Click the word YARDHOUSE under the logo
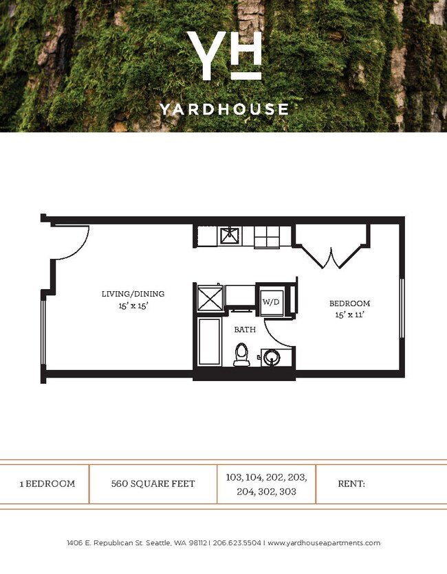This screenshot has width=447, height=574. click(223, 109)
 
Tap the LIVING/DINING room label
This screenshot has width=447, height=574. click(133, 294)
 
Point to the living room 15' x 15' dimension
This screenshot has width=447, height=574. click(133, 306)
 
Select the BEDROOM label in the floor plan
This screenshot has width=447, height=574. click(349, 303)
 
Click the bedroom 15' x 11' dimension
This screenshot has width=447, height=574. click(349, 315)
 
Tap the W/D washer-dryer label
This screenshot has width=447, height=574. click(269, 302)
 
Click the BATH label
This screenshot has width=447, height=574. click(245, 330)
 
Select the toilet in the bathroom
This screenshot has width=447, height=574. click(241, 354)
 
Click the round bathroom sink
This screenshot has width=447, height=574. click(271, 358)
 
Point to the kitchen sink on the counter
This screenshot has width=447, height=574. click(229, 236)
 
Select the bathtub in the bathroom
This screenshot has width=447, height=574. click(210, 343)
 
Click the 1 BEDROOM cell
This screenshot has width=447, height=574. click(47, 483)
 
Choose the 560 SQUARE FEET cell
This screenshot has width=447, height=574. click(153, 483)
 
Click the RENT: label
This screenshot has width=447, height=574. click(351, 483)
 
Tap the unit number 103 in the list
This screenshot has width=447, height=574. click(235, 476)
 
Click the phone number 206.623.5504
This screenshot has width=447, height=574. click(237, 543)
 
